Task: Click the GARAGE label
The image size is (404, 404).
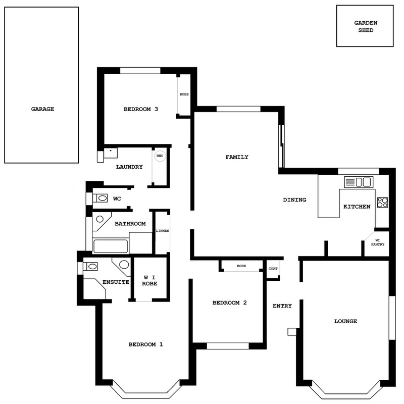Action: coord(42,109)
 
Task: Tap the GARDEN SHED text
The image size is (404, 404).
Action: coord(366,26)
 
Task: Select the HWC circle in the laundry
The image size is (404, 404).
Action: coord(160,156)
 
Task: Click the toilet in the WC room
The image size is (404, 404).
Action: coord(100,198)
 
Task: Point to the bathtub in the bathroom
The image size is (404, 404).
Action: coord(111,246)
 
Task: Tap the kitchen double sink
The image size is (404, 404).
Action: coord(359,182)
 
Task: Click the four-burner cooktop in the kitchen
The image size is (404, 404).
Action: coord(382,203)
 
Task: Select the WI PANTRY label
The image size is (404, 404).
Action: coord(378,242)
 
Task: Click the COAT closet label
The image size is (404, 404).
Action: coord(273,269)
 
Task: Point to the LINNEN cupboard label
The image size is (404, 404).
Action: coord(163,231)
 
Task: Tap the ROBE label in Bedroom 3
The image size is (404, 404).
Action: coord(184,94)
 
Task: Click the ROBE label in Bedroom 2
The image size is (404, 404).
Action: coord(241,266)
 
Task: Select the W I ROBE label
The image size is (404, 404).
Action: coord(149,280)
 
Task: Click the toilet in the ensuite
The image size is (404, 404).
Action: coord(90,266)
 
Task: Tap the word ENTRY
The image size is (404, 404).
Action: coord(282,306)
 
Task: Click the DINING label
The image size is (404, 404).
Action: coord(294,199)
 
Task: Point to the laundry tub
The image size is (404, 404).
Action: coord(111,153)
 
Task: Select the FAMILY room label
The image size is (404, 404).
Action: coord(237,157)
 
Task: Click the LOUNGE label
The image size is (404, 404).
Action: coord(345,321)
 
